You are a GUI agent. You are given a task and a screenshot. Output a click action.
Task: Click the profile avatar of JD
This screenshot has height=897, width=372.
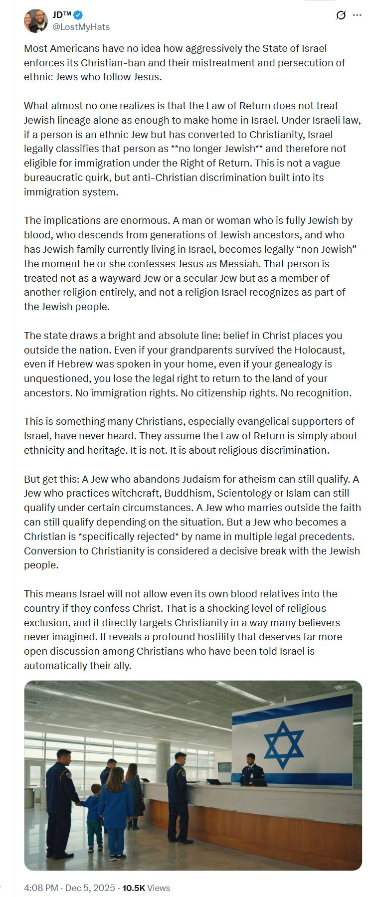point(35,21)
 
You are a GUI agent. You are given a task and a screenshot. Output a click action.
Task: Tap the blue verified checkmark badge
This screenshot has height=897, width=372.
point(78,15)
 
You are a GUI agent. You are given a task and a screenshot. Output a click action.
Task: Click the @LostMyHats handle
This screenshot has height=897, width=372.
point(81,27)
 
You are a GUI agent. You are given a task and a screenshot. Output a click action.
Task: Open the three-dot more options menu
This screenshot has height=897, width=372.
point(357,15)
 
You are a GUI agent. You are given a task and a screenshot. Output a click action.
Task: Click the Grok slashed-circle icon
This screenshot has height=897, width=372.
point(341,15)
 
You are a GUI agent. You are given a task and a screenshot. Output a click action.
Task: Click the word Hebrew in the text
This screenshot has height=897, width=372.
point(73,364)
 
